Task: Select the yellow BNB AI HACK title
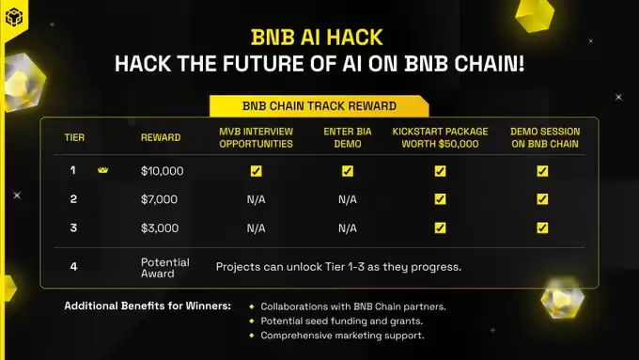click(x=319, y=38)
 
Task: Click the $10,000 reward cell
click(x=162, y=171)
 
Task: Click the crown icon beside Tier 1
click(x=103, y=171)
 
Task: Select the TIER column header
click(x=74, y=137)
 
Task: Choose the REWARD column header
click(x=161, y=137)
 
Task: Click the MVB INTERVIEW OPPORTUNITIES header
click(x=256, y=136)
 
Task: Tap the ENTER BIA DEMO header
click(x=347, y=136)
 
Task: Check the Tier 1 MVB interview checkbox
click(x=256, y=171)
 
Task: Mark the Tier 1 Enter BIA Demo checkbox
click(x=347, y=171)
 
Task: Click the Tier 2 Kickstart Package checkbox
click(x=440, y=199)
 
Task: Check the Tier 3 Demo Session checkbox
click(x=541, y=227)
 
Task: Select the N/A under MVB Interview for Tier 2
click(x=256, y=199)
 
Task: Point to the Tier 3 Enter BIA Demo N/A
click(x=347, y=227)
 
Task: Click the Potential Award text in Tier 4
click(x=164, y=267)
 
